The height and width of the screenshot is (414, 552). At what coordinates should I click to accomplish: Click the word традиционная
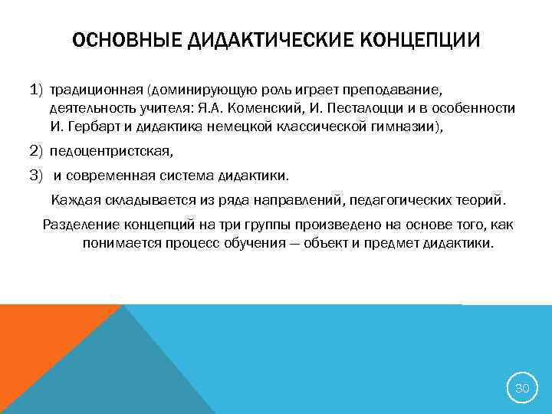tap(97, 92)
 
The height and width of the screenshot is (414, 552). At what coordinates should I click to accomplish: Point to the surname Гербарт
tap(90, 128)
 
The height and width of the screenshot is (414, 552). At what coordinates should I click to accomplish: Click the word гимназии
tap(406, 128)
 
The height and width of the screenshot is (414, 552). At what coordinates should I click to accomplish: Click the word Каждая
tap(75, 201)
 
